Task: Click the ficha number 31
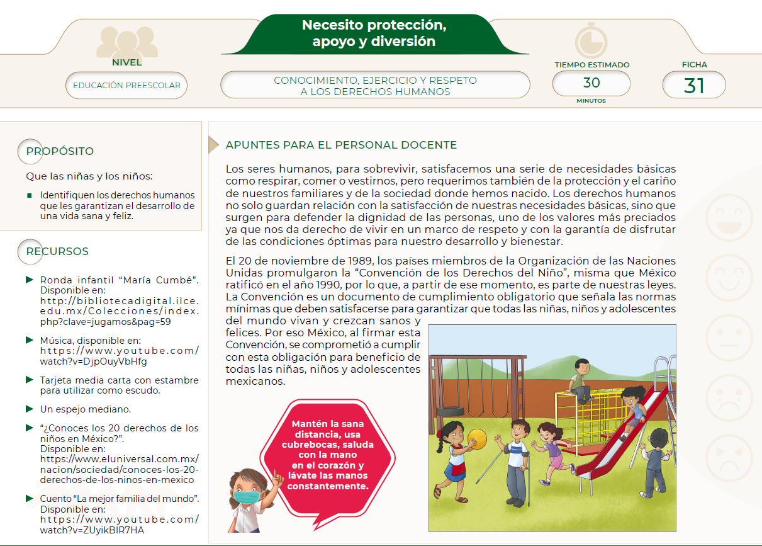pos(693,85)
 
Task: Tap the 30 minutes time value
pos(591,83)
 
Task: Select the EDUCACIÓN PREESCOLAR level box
pos(126,86)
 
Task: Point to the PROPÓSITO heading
pos(60,151)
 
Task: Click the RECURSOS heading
pos(57,251)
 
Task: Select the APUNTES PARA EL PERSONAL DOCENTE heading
pos(341,145)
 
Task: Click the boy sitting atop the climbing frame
pos(580,380)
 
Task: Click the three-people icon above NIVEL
pos(127,42)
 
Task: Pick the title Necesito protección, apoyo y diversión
pos(374,33)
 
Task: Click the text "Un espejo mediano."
pos(86,409)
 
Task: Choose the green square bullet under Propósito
pos(29,195)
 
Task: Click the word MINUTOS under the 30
pos(591,101)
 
